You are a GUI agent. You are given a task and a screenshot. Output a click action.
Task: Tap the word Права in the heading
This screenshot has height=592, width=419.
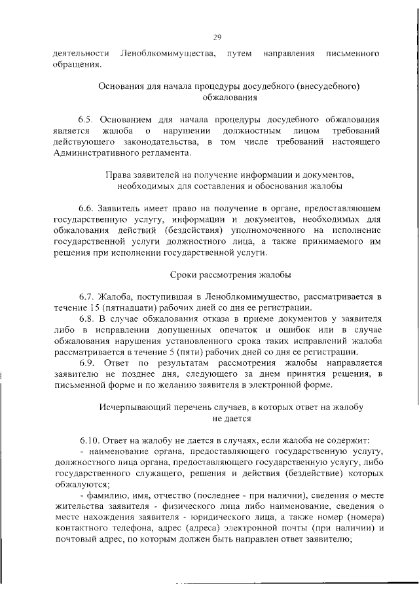[118, 175]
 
